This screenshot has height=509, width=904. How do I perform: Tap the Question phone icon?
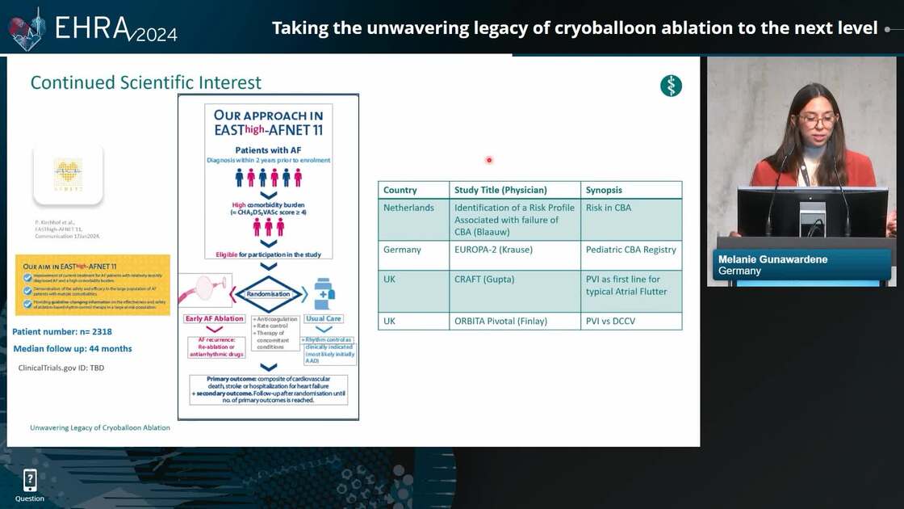(30, 481)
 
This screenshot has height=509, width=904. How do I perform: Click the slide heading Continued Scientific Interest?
(146, 82)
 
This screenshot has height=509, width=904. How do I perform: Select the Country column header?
(400, 190)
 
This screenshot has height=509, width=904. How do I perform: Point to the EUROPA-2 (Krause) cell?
(493, 250)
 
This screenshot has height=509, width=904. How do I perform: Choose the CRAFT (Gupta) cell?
(484, 280)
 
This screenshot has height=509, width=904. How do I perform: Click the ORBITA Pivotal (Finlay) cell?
(500, 321)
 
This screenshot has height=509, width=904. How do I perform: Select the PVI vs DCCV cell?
(614, 321)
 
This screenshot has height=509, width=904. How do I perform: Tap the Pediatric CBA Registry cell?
(630, 250)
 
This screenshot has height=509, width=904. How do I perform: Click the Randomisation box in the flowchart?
(269, 293)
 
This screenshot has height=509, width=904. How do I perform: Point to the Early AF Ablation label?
(215, 318)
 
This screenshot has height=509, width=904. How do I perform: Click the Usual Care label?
(323, 318)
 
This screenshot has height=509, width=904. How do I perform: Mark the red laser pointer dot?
(489, 160)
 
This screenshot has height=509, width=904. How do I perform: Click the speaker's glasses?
(817, 122)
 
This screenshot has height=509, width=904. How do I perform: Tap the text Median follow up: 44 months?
(73, 349)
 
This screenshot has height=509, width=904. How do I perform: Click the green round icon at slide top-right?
(671, 86)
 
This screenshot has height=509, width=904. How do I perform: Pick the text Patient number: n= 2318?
(62, 331)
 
